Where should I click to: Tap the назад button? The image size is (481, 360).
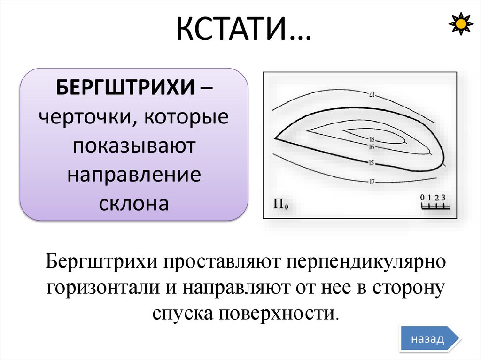point(427,339)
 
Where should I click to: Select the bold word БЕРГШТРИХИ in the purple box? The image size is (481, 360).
point(126,87)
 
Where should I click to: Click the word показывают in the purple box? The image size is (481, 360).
point(133,146)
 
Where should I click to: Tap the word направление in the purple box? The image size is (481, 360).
point(133,175)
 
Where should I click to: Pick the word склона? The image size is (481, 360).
point(133,204)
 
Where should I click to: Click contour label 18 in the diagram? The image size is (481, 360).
point(372,139)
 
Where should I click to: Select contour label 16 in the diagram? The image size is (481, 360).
point(371,147)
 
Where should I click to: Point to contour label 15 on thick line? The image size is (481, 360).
point(371,163)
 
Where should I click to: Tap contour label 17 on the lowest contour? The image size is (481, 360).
point(371,182)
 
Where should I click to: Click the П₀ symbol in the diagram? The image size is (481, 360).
point(280,205)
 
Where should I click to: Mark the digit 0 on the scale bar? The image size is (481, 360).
point(422,197)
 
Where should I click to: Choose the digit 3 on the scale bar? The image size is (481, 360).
point(443,197)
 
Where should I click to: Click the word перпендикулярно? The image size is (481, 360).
point(365,261)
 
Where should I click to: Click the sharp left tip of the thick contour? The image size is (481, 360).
point(275,138)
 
